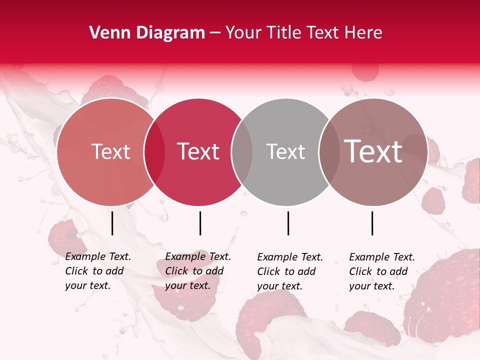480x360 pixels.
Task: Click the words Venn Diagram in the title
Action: coord(147,33)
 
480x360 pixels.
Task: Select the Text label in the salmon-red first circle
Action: coord(110,151)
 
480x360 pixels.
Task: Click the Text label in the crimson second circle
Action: coord(198,151)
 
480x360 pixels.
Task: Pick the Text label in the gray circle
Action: coord(285,151)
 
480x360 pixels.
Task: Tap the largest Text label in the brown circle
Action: coord(373,151)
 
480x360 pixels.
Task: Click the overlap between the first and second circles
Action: coord(154,152)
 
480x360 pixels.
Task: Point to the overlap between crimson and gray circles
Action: coord(242,152)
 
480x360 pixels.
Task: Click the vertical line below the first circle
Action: coord(112,223)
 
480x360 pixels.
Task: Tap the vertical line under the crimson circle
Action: coord(200,223)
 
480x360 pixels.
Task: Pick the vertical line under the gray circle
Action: coord(288,223)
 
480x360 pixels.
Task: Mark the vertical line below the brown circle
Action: coord(372,223)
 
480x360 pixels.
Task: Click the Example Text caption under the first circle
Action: coord(98,271)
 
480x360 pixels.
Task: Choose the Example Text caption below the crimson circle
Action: coord(198,271)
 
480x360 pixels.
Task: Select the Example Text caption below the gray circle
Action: coord(290,271)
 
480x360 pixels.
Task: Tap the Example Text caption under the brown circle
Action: coord(382,271)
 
